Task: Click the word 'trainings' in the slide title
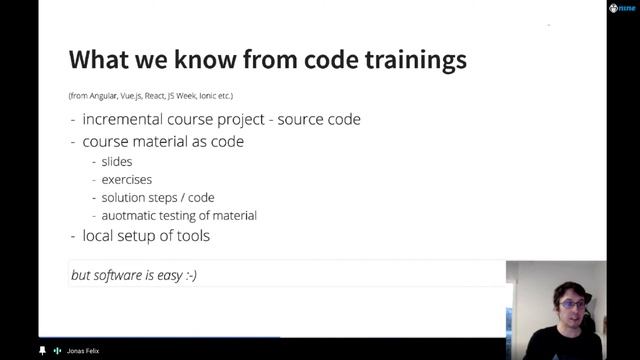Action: click(414, 60)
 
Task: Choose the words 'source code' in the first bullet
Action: click(320, 120)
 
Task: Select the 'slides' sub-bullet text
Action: click(117, 162)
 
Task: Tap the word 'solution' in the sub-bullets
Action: click(124, 198)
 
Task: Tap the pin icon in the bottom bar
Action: click(42, 351)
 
